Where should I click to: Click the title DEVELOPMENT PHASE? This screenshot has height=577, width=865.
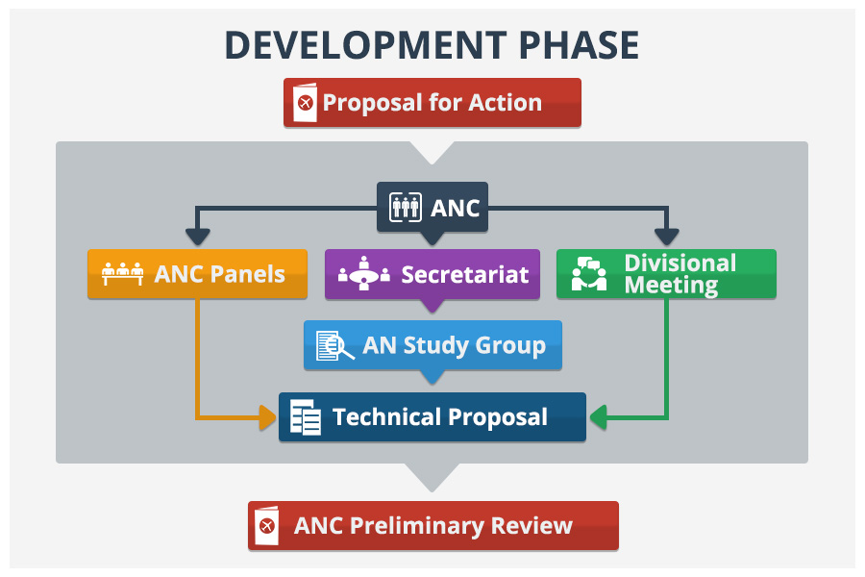pyautogui.click(x=432, y=45)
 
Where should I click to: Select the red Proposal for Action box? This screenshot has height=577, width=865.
pyautogui.click(x=432, y=102)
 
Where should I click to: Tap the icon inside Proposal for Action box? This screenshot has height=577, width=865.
pyautogui.click(x=306, y=103)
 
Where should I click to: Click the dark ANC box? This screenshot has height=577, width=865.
pyautogui.click(x=432, y=207)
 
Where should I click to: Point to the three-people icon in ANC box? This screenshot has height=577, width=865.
pyautogui.click(x=405, y=207)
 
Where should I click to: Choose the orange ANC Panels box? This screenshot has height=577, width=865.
pyautogui.click(x=197, y=274)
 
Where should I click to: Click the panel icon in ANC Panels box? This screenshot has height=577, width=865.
pyautogui.click(x=122, y=274)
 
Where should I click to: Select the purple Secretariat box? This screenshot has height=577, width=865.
pyautogui.click(x=432, y=274)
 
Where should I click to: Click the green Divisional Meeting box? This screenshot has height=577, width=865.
pyautogui.click(x=666, y=274)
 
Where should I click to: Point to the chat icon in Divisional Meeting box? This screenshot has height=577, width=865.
pyautogui.click(x=589, y=275)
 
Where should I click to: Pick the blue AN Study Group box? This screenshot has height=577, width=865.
pyautogui.click(x=432, y=345)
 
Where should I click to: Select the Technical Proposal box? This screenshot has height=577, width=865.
pyautogui.click(x=432, y=417)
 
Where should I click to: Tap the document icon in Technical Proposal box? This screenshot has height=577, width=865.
pyautogui.click(x=306, y=417)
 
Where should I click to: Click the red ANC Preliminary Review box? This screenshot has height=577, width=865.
pyautogui.click(x=432, y=526)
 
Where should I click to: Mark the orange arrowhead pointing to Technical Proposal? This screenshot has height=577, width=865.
pyautogui.click(x=268, y=417)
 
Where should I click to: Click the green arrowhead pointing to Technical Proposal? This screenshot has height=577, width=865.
pyautogui.click(x=597, y=417)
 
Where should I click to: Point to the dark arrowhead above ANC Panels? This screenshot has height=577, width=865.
pyautogui.click(x=197, y=236)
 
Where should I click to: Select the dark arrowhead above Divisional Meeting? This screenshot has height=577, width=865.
pyautogui.click(x=666, y=236)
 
